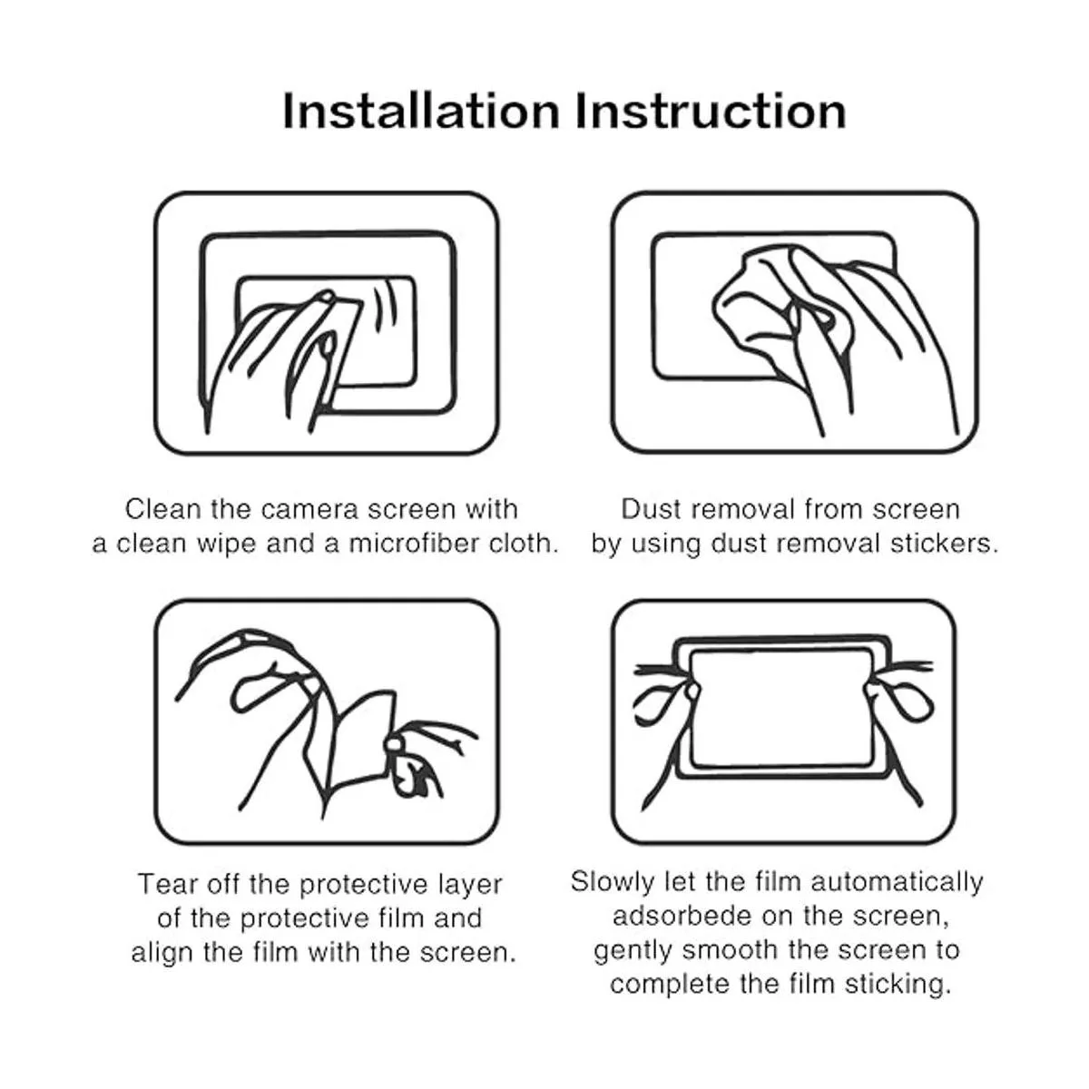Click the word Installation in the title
coord(421,112)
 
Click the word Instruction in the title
coord(711,112)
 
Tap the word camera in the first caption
coord(310,510)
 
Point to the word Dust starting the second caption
coord(652,509)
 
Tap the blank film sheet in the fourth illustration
coord(782,709)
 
